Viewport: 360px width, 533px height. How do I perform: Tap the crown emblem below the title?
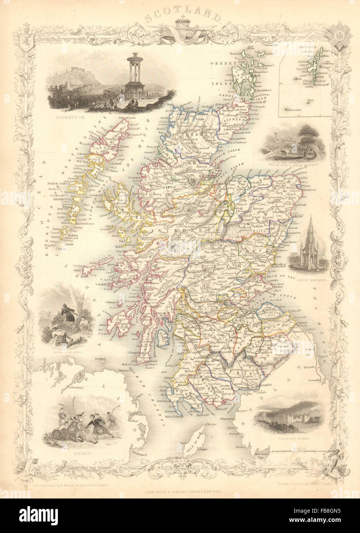(180, 26)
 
